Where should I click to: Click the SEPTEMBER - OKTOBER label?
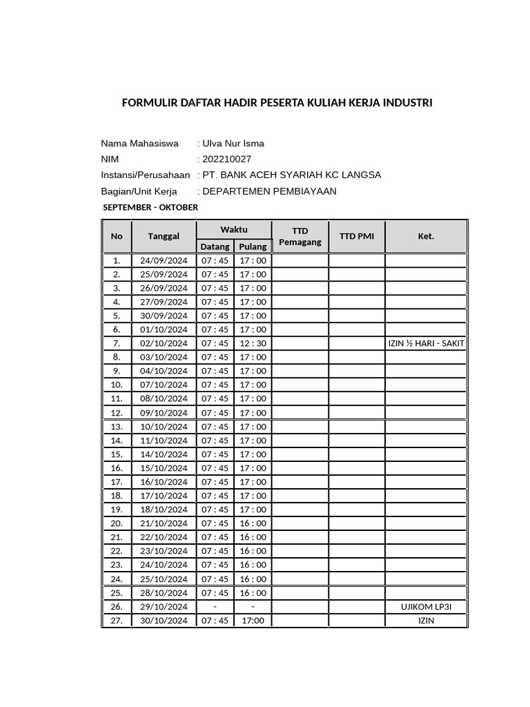pos(150,207)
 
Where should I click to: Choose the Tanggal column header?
pos(164,236)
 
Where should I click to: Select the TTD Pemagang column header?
pos(300,236)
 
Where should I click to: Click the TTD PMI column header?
pos(357,236)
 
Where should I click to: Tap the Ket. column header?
pos(426,236)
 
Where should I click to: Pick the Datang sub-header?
pos(215,246)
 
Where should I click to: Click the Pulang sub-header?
pos(253,246)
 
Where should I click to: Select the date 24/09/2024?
pos(164,260)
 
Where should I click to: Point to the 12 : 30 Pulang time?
pos(253,343)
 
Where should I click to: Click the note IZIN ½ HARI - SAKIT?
pos(426,343)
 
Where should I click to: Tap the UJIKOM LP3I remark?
pos(426,606)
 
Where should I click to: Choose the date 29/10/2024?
pos(164,606)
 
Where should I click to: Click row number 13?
pos(117,427)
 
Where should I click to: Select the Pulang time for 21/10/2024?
pos(253,523)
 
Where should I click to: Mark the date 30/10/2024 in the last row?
pos(164,620)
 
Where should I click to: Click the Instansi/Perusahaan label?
pos(145,175)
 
